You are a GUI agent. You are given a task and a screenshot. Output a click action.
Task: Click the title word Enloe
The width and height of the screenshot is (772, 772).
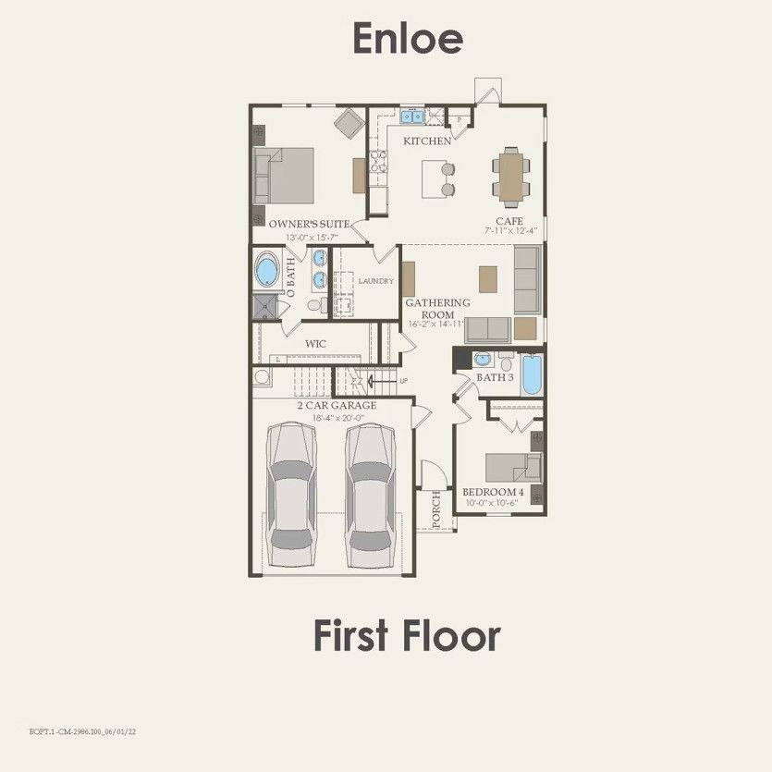(408, 39)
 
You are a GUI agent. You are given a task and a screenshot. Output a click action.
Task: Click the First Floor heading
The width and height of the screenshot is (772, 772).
(407, 636)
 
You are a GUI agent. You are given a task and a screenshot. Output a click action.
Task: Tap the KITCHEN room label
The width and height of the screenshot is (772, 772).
(426, 141)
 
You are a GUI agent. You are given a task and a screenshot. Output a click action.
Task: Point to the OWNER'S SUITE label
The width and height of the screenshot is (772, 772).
(309, 224)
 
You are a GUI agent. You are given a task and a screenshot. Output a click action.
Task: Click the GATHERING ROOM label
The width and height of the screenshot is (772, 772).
(438, 308)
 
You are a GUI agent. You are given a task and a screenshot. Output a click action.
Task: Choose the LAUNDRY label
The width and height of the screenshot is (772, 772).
(376, 281)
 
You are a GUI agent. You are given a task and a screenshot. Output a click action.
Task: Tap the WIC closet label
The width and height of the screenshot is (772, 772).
(316, 344)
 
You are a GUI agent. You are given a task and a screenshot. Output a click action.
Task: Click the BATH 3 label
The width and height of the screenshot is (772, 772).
(495, 377)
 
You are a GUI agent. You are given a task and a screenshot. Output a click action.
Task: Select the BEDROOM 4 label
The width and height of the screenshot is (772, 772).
(493, 492)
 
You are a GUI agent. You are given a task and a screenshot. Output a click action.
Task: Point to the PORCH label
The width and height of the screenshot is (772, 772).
(436, 508)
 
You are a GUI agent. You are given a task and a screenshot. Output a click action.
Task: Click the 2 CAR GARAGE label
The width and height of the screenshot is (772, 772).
(336, 406)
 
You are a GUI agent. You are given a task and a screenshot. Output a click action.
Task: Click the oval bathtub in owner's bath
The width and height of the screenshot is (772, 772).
(267, 271)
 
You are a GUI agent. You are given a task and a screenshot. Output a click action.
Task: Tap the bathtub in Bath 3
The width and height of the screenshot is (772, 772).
(533, 375)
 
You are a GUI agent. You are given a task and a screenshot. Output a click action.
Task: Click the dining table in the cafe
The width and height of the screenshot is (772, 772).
(510, 176)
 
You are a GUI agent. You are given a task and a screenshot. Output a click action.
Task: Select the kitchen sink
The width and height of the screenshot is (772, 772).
(411, 117)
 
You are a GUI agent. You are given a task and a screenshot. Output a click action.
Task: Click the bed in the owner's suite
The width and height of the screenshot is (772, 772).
(286, 176)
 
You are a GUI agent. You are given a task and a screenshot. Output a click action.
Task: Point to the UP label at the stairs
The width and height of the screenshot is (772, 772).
(403, 380)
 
